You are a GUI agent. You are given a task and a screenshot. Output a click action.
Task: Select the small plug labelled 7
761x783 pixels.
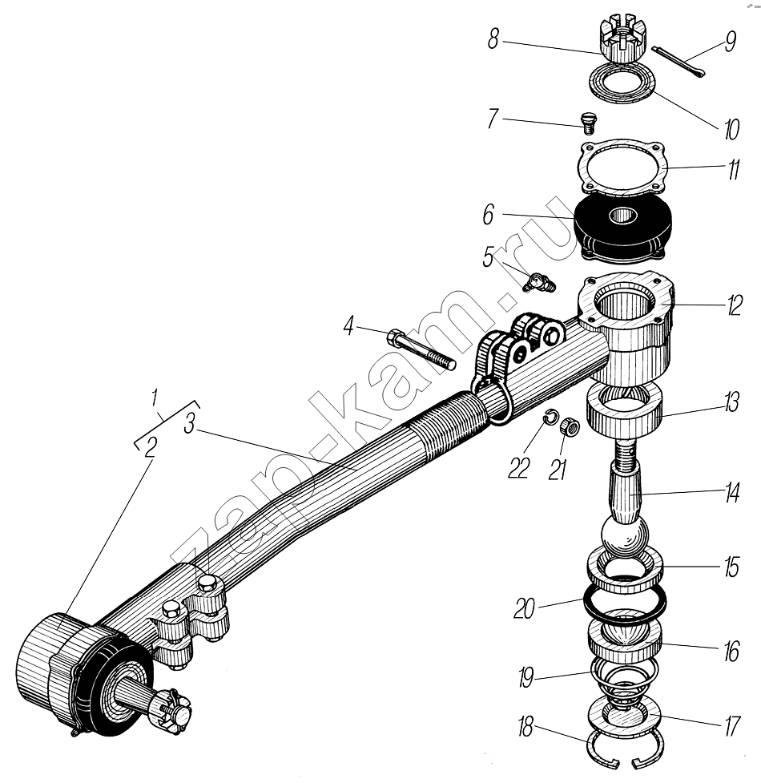click(589, 122)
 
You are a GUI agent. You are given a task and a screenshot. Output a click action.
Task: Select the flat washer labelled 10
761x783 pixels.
click(622, 83)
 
